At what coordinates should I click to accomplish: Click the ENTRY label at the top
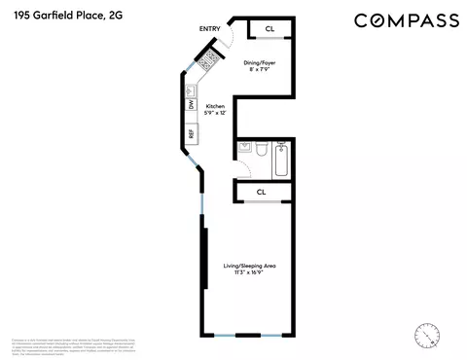pyautogui.click(x=209, y=29)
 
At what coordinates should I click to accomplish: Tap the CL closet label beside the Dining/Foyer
pyautogui.click(x=269, y=30)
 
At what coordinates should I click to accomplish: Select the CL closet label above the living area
pyautogui.click(x=261, y=192)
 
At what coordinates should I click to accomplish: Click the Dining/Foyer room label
pyautogui.click(x=261, y=61)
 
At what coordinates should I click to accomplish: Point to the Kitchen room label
pyautogui.click(x=215, y=108)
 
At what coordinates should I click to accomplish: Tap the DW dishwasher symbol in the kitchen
pyautogui.click(x=193, y=104)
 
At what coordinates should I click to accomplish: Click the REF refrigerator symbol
pyautogui.click(x=192, y=132)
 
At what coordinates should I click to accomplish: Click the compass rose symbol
pyautogui.click(x=425, y=335)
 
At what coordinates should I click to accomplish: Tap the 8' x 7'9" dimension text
pyautogui.click(x=260, y=69)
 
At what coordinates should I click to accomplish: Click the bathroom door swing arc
pyautogui.click(x=245, y=167)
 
